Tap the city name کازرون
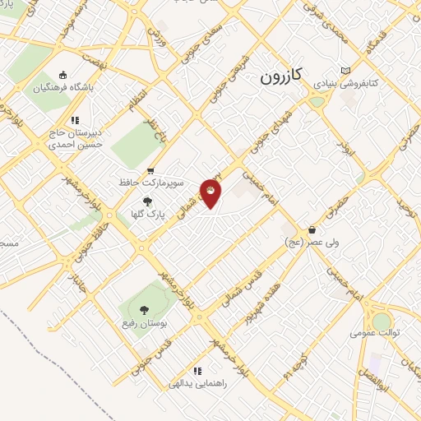[x=281, y=76]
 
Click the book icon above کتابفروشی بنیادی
[x=345, y=69]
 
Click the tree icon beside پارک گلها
[x=148, y=201]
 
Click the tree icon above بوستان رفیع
[x=144, y=310]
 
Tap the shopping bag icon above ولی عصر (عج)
[x=312, y=230]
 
